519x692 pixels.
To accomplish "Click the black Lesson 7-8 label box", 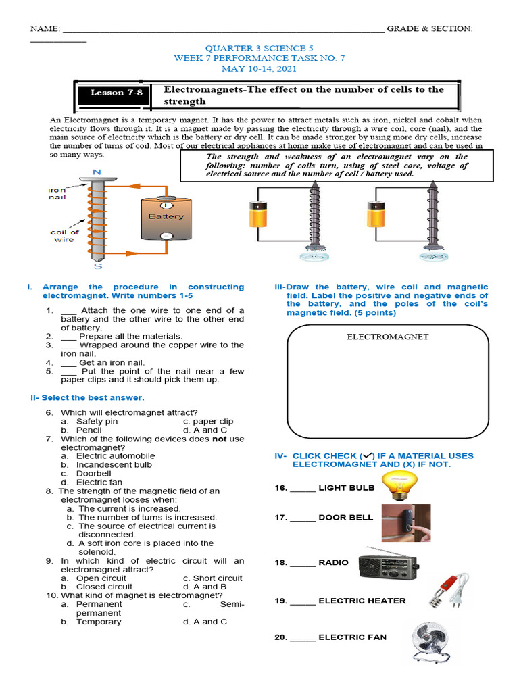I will coord(117,93).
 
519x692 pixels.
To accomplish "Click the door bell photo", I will coord(405,523).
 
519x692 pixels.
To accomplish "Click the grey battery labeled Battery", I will coord(166,218).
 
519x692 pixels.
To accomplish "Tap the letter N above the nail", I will coord(97,172).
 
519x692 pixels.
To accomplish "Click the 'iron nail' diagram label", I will coord(57,194).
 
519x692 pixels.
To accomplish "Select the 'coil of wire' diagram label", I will coord(65,237).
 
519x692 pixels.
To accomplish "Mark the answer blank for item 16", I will coord(303,488).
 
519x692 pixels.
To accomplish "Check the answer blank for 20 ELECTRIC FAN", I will coord(303,637).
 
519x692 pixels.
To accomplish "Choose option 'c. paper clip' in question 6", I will coord(208,421).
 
